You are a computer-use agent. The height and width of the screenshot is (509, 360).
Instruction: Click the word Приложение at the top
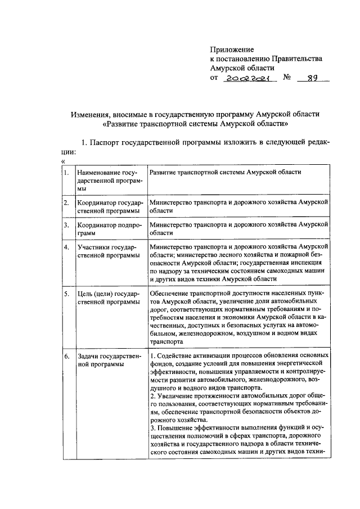[x=232, y=49]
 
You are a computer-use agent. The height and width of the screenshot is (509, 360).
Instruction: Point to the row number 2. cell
[x=66, y=202]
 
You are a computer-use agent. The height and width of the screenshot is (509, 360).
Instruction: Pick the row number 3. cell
[x=66, y=225]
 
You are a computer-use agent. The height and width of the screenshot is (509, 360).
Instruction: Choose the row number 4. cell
[x=66, y=247]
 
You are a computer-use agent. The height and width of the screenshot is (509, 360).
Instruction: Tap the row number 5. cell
[x=66, y=294]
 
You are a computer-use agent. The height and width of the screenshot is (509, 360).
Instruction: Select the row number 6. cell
[x=66, y=357]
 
